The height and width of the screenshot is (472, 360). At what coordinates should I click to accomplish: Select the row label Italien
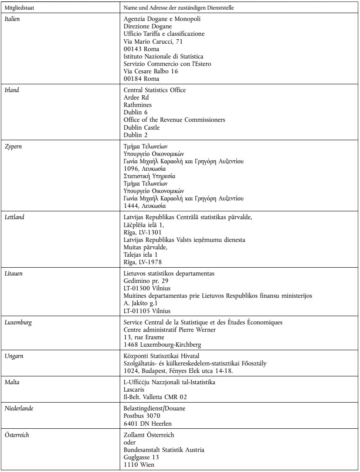tap(12, 20)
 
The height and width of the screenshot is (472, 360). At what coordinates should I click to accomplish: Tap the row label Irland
tap(11, 90)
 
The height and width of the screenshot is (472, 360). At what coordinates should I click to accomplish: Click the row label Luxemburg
tap(16, 323)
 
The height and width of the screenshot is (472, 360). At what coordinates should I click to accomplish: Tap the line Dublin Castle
tap(141, 128)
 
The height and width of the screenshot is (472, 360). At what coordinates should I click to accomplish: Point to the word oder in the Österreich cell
tap(130, 442)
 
